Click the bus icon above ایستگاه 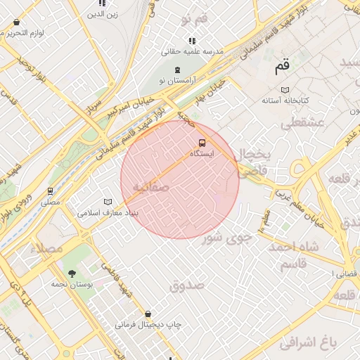click(202, 143)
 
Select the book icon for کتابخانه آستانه click(285, 90)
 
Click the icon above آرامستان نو click(177, 70)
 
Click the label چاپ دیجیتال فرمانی click(149, 325)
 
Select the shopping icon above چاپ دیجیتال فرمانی click(147, 314)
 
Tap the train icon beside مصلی click(50, 191)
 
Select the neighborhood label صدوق click(186, 285)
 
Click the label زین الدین click(103, 13)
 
